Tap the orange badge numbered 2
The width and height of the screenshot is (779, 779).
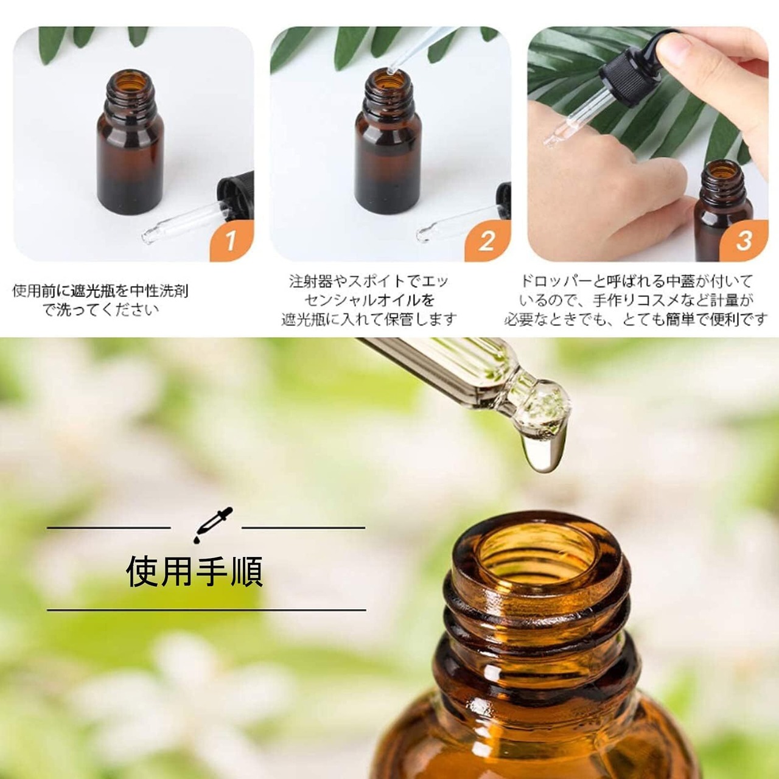coord(488,242)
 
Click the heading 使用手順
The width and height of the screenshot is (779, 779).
coord(195,571)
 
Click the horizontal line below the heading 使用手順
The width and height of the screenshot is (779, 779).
coord(206,610)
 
